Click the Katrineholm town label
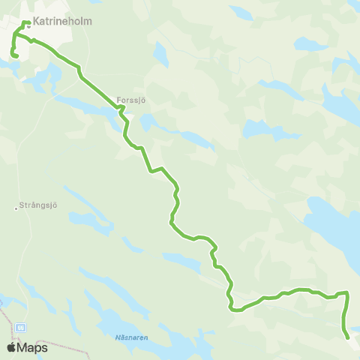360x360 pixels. (62, 22)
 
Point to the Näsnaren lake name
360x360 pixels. (133, 337)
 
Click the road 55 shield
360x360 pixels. (20, 328)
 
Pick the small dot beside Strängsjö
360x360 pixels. (16, 208)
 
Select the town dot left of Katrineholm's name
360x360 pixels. (28, 22)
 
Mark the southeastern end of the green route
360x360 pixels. (348, 337)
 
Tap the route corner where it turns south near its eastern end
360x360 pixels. (347, 293)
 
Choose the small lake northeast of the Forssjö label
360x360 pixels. (159, 54)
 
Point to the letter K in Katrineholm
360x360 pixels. (36, 22)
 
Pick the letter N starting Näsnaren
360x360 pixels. (119, 337)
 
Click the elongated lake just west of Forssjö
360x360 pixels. (82, 105)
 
